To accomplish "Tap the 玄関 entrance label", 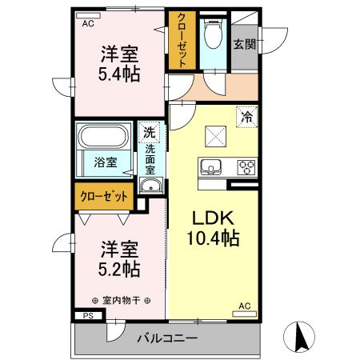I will coord(244,45).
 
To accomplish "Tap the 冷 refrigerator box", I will coord(247,116).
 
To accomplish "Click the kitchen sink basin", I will coord(211,168).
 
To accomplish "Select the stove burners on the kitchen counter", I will coord(246,168).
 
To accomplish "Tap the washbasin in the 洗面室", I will coord(150,187).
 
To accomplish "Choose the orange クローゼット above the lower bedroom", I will coord(105,194).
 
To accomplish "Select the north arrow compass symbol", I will coord(303,336).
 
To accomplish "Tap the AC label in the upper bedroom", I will coord(86,23).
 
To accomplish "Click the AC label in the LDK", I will coord(245,306).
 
